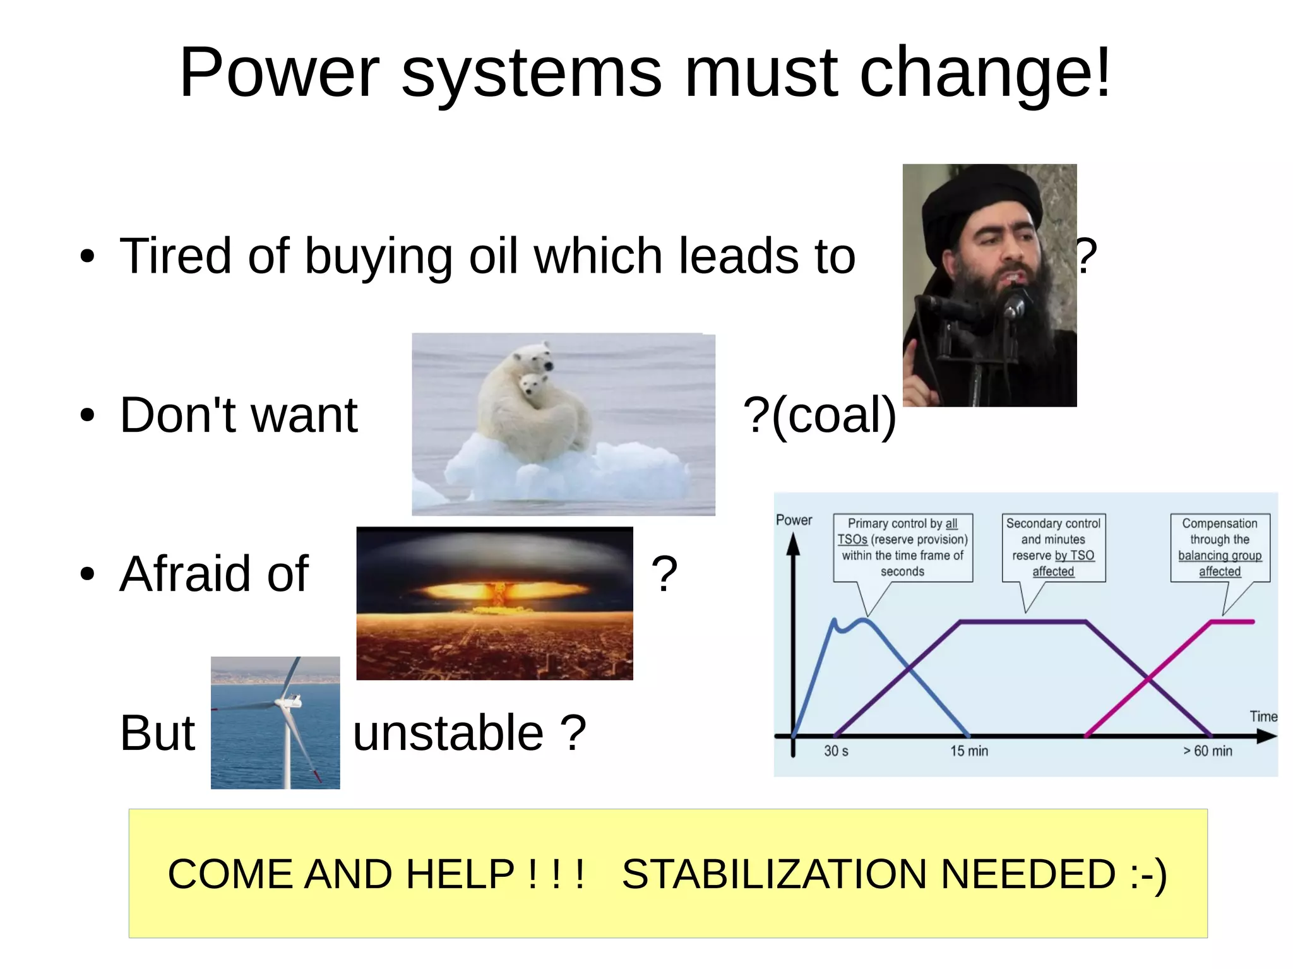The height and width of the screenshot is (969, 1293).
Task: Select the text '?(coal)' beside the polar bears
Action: [819, 415]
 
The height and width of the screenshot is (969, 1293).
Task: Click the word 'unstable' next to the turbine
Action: [448, 733]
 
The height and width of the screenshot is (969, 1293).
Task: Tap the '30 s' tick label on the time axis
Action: [836, 751]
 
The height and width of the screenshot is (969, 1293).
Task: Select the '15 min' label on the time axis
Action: [969, 751]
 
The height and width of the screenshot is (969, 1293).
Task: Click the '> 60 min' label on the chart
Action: [1207, 751]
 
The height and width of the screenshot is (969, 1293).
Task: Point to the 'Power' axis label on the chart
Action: [794, 520]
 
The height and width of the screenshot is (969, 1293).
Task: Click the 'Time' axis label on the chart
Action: [1263, 716]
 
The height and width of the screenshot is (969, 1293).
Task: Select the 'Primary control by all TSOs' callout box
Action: [903, 547]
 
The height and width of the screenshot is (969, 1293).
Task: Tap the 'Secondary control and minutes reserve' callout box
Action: [1053, 547]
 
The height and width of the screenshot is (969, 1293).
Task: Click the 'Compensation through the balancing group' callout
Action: [1220, 547]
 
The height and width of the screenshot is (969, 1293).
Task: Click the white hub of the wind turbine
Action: [293, 701]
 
